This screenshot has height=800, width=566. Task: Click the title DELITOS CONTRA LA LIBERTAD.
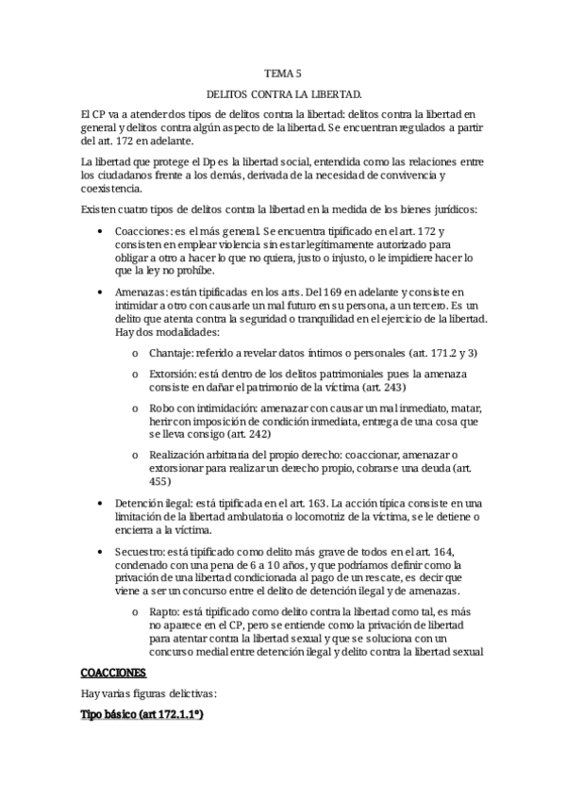click(282, 95)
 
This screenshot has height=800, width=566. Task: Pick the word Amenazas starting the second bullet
click(141, 293)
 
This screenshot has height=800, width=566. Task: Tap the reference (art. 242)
click(244, 434)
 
